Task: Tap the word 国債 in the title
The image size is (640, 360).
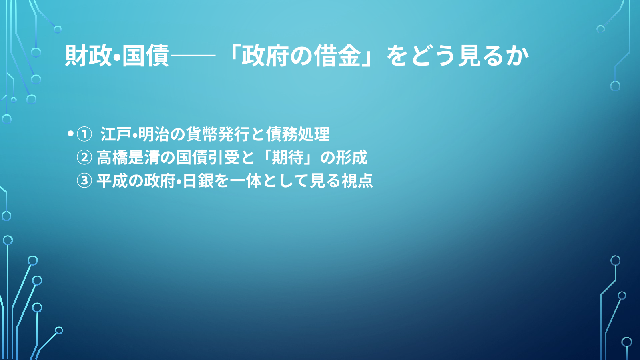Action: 146,56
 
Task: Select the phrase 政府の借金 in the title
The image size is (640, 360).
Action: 301,56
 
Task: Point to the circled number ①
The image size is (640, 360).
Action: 84,134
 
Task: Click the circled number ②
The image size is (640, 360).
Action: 84,157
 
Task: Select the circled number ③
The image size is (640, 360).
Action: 84,181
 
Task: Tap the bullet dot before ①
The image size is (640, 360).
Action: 70,134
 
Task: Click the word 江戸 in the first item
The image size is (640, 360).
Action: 116,134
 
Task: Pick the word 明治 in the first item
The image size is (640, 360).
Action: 154,134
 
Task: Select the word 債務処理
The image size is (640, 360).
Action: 298,134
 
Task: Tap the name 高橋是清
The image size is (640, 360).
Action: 128,158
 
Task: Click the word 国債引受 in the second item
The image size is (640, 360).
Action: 207,158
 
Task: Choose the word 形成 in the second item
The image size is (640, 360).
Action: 351,158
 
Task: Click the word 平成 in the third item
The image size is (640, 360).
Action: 112,181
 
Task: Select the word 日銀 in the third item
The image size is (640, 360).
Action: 198,181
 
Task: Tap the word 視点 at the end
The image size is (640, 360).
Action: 357,181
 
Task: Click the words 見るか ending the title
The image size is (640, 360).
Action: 493,56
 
